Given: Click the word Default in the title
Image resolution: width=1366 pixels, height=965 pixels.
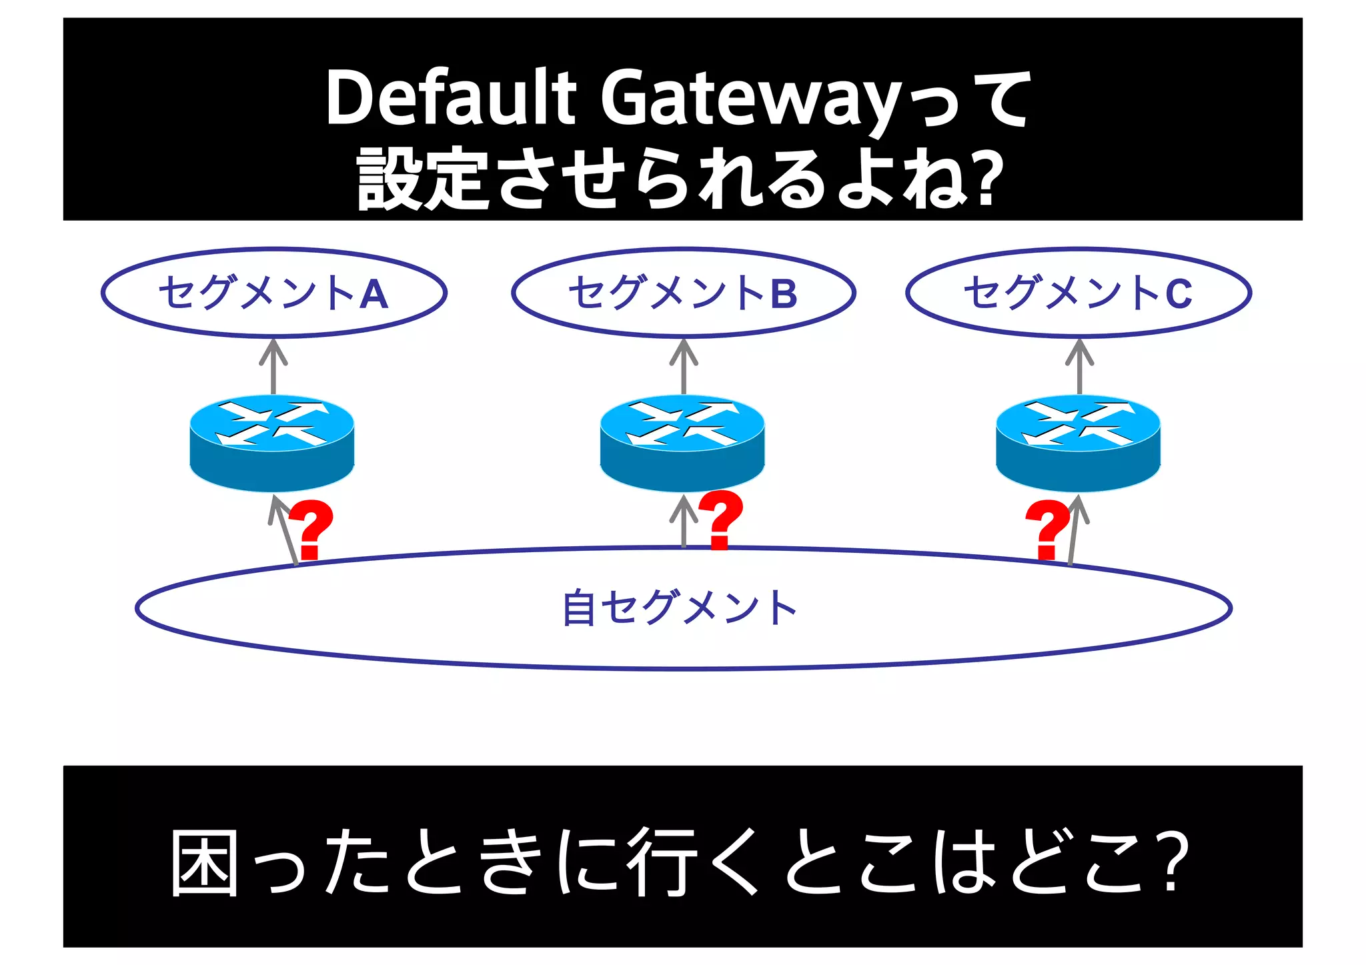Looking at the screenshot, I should [450, 98].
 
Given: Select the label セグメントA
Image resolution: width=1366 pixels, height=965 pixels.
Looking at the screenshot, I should [273, 293].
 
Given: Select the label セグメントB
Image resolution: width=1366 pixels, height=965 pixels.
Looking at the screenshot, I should [683, 293].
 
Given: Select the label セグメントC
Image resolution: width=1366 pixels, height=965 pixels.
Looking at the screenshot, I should [1078, 293].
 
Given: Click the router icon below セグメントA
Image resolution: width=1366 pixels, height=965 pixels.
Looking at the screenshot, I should [272, 443].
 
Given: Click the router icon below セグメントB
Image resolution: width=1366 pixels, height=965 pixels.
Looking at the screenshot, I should [682, 443].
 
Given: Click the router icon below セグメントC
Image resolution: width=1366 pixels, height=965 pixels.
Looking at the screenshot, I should [1078, 443].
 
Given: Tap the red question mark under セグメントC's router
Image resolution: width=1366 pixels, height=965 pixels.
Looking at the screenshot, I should [1047, 529].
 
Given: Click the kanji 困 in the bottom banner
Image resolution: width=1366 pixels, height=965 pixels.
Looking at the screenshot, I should [205, 862].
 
